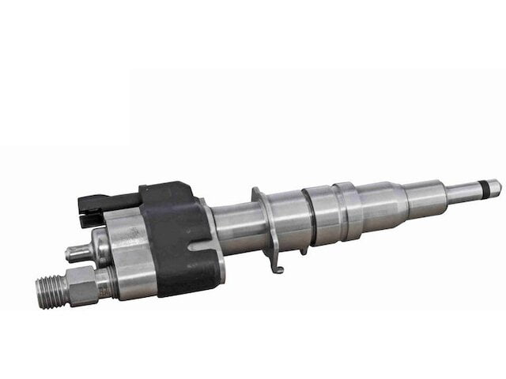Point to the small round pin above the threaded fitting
pos(76,253)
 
